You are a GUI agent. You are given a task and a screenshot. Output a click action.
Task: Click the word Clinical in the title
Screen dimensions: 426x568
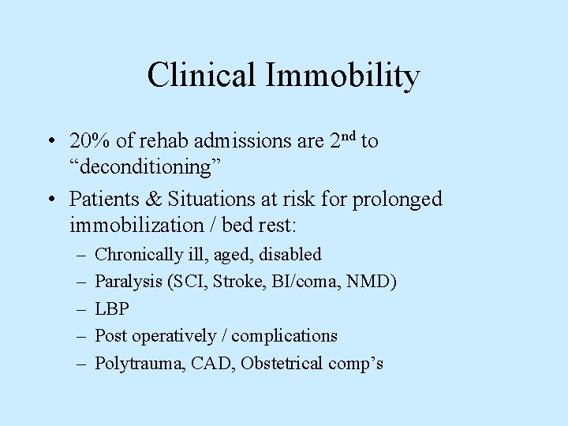(200, 76)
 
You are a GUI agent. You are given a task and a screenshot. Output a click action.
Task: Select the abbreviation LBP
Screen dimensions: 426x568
(111, 308)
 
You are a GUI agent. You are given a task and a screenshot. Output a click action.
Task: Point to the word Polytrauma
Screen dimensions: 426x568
(131, 363)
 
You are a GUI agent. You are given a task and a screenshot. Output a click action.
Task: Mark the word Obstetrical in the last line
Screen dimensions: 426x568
(282, 363)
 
